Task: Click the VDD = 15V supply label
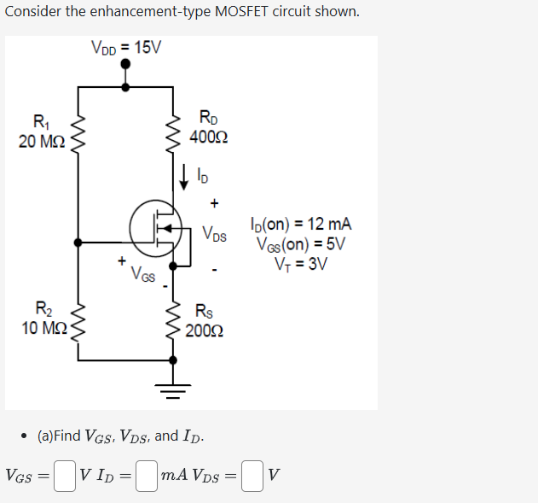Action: click(126, 48)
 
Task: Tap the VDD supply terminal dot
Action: click(126, 86)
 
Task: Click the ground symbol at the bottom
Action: click(176, 391)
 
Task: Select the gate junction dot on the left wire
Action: click(78, 243)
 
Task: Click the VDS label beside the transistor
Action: click(215, 233)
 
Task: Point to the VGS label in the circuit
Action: click(142, 275)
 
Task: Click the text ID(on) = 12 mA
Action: click(301, 225)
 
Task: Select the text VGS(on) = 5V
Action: click(302, 243)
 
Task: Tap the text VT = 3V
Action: click(302, 262)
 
